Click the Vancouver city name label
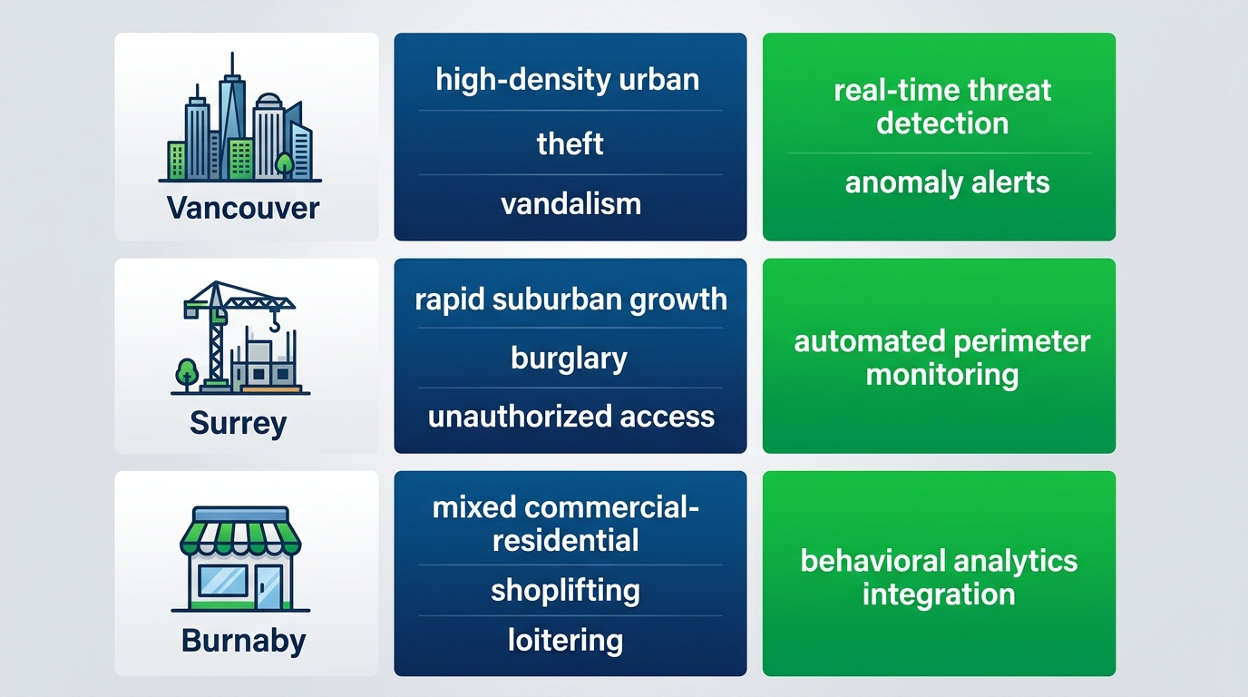click(243, 208)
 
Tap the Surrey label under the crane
click(238, 423)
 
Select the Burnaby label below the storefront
click(243, 640)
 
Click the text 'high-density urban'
click(568, 79)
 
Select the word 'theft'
click(570, 143)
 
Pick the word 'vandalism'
click(570, 203)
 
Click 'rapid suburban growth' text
click(570, 299)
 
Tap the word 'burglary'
click(569, 358)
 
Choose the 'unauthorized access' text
click(570, 417)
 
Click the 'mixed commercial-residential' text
click(566, 524)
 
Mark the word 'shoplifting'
click(565, 591)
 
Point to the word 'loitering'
click(565, 641)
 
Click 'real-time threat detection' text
click(942, 106)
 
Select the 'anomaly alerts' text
click(947, 182)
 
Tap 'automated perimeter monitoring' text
click(941, 358)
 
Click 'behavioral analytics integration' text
click(939, 577)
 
